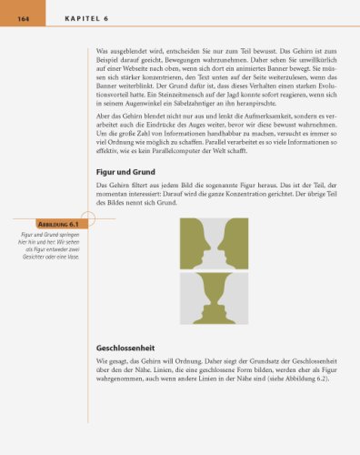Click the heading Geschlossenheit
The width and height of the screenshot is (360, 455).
point(127,348)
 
